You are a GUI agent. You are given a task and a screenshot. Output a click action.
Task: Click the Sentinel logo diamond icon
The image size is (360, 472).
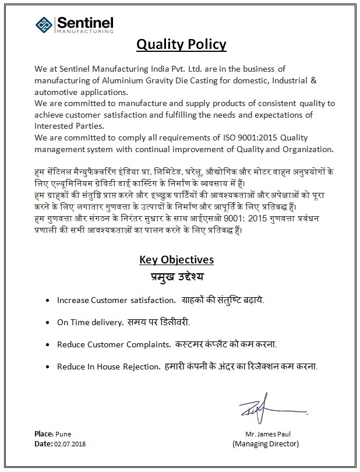(44, 24)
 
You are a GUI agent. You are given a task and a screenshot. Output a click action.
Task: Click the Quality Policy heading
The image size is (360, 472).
(181, 44)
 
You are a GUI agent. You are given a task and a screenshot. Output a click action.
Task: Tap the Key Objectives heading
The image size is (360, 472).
(177, 260)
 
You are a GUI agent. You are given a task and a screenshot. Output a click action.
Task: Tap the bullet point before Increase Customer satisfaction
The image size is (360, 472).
(47, 301)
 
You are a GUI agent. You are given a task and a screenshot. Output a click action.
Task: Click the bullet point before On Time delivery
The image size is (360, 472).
(47, 322)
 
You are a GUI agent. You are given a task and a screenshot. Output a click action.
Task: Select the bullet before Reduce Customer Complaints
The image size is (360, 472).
(47, 344)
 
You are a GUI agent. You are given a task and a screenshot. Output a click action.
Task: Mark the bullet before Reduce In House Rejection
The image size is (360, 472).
(47, 367)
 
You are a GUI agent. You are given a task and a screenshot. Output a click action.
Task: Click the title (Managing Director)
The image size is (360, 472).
(266, 444)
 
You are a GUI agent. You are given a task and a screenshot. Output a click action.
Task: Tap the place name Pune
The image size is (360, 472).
(63, 434)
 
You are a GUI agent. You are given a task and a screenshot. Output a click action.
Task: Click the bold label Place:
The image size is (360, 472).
(44, 434)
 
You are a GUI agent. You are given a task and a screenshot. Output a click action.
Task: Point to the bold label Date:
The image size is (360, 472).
(43, 444)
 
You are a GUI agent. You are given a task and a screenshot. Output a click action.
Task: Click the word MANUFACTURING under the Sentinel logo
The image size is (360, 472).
(85, 31)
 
